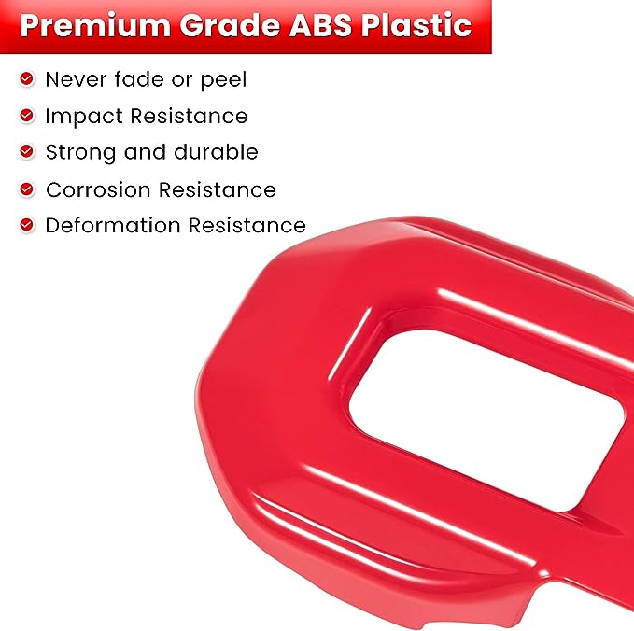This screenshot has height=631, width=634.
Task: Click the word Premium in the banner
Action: pyautogui.click(x=95, y=25)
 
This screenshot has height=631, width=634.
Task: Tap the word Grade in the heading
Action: pyautogui.click(x=230, y=25)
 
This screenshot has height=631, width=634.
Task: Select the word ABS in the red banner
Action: pyautogui.click(x=320, y=25)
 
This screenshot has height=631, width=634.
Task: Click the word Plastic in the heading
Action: pyautogui.click(x=416, y=25)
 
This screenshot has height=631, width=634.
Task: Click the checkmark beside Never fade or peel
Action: pyautogui.click(x=27, y=78)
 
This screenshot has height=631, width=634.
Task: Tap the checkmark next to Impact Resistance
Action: pyautogui.click(x=27, y=116)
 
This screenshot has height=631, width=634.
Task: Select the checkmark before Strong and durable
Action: pyautogui.click(x=27, y=151)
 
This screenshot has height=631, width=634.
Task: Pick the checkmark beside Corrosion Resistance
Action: pyautogui.click(x=27, y=189)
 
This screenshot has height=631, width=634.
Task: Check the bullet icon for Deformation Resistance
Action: pyautogui.click(x=27, y=224)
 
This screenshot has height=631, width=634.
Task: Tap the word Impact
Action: pyautogui.click(x=84, y=117)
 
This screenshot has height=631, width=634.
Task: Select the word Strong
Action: pyautogui.click(x=80, y=153)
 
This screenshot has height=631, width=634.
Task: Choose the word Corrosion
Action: pyautogui.click(x=98, y=190)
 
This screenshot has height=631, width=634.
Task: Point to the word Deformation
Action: pyautogui.click(x=113, y=225)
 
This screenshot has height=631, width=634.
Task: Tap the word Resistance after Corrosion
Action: pyautogui.click(x=218, y=190)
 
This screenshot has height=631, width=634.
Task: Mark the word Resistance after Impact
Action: pyautogui.click(x=189, y=116)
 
